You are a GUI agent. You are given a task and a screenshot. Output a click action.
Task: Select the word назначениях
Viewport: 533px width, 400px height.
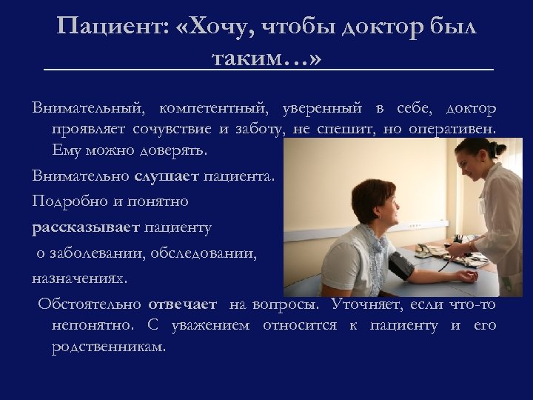point(79,278)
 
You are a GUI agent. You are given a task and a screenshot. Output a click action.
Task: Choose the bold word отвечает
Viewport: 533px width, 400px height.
point(182,304)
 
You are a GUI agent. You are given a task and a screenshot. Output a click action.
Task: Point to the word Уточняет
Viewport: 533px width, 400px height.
point(367,304)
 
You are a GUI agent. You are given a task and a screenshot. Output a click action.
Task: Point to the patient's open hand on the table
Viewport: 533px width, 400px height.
point(466,276)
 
